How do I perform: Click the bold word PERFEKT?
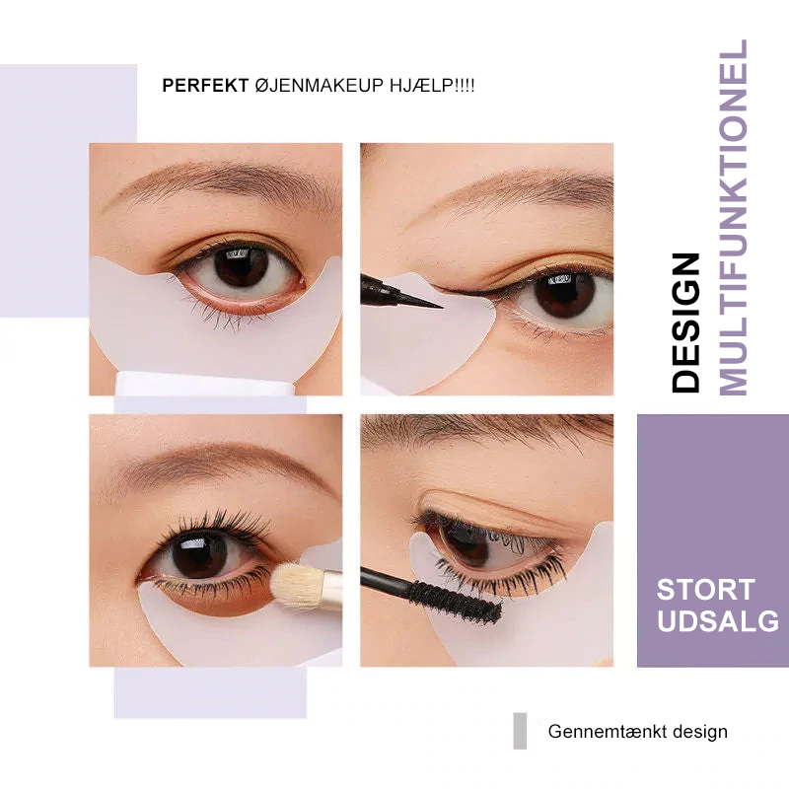click(205, 86)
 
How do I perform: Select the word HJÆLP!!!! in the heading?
click(432, 86)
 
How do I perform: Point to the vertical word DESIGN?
click(685, 323)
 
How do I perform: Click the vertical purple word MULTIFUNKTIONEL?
click(734, 217)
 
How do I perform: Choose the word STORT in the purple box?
click(705, 590)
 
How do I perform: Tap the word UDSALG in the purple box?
click(718, 621)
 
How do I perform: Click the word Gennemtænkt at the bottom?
click(607, 732)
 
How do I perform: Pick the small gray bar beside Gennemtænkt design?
click(520, 731)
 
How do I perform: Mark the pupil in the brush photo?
click(200, 554)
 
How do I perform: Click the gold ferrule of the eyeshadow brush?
click(330, 591)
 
